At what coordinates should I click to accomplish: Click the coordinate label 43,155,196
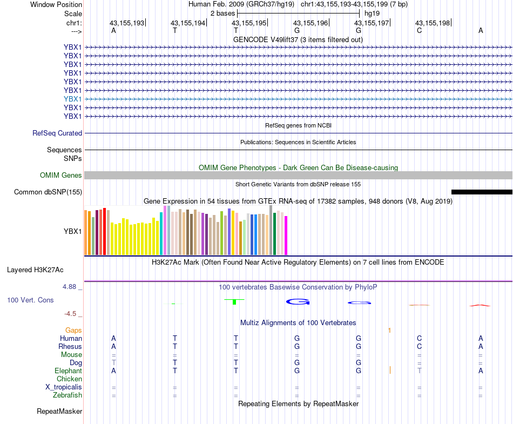point(310,23)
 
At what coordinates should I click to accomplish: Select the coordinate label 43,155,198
point(432,23)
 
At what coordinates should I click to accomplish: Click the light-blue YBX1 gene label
point(72,99)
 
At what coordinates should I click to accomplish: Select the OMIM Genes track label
point(61,175)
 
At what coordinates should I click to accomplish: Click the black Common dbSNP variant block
point(481,192)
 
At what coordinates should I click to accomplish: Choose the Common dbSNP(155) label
point(48,192)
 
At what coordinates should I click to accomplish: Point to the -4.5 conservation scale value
point(72,313)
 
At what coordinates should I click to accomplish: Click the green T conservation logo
point(235,301)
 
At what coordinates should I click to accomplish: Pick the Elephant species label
point(68,371)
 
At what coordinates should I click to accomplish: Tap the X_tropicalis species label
point(64,387)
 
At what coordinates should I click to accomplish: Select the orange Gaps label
point(73,330)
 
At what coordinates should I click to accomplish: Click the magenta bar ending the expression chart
point(286,235)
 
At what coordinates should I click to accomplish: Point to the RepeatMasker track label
point(59,412)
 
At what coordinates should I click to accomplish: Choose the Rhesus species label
point(70,346)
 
